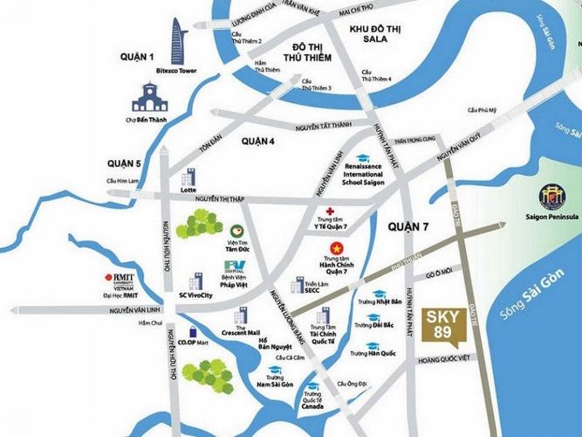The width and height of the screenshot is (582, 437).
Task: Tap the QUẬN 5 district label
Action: (125, 163)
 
